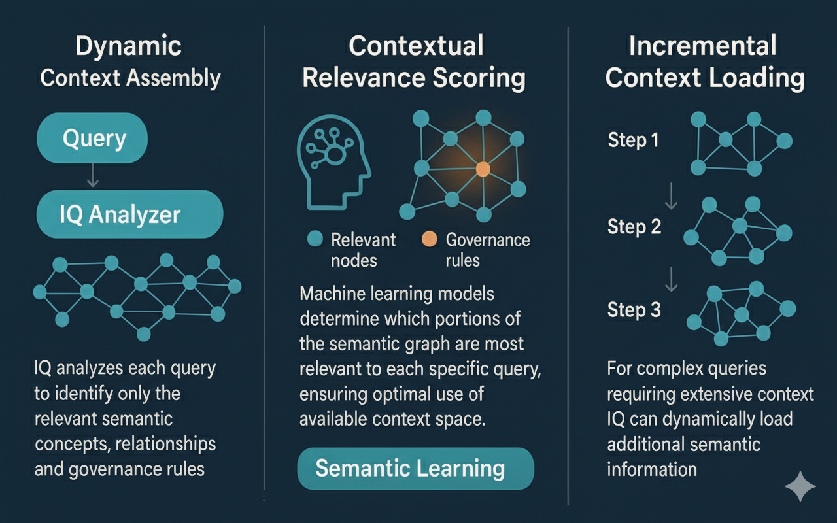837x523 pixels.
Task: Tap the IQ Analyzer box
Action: (x=129, y=214)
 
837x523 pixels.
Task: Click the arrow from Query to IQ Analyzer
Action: (x=94, y=176)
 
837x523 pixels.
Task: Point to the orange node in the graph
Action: (x=483, y=169)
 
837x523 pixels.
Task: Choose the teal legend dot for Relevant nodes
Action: (x=315, y=239)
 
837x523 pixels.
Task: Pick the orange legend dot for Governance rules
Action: (x=429, y=239)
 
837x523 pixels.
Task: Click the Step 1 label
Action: (x=633, y=140)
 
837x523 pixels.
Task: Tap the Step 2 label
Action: (x=634, y=226)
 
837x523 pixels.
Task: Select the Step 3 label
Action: (x=634, y=309)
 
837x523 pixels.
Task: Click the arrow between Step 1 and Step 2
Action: (x=671, y=195)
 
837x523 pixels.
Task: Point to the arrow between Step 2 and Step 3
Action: (x=671, y=279)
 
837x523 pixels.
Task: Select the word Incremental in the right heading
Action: (x=702, y=46)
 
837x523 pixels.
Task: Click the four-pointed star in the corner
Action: (x=800, y=487)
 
